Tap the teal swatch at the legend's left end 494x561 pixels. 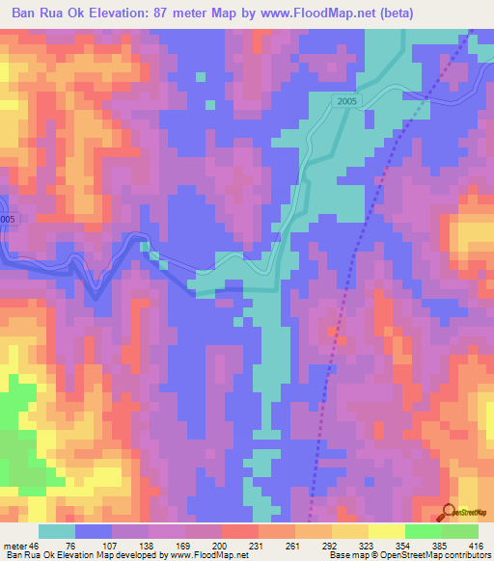tap(57, 531)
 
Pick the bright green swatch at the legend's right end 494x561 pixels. tap(460, 531)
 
